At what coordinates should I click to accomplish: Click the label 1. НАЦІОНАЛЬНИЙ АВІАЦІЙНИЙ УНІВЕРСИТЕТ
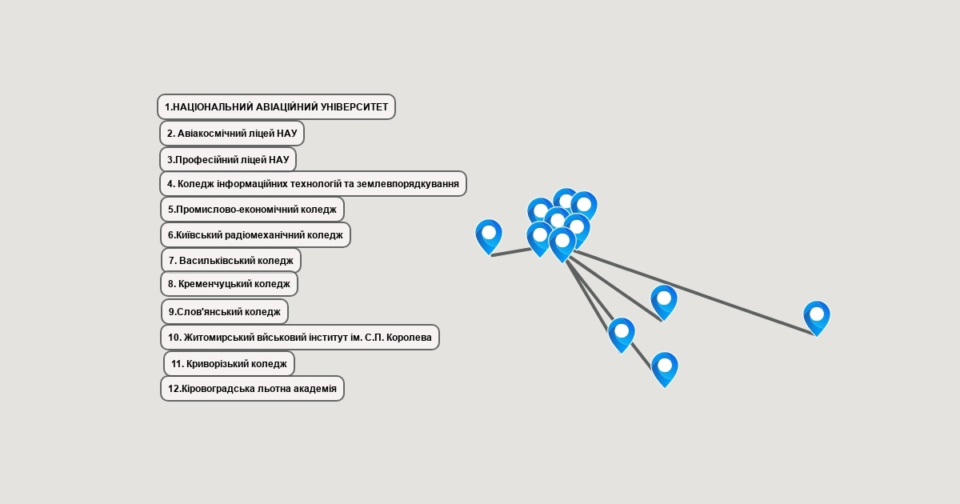click(277, 106)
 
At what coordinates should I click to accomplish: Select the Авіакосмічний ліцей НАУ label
click(232, 134)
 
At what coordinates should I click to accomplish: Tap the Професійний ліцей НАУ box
click(228, 160)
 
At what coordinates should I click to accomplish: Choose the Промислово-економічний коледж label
click(253, 210)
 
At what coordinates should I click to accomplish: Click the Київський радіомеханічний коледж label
click(255, 235)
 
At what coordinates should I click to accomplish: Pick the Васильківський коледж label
click(231, 261)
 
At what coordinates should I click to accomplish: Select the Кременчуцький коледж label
click(230, 284)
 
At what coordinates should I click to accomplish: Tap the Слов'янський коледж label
click(225, 311)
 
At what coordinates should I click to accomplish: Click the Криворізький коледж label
click(229, 364)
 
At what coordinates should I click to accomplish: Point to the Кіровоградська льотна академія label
click(253, 389)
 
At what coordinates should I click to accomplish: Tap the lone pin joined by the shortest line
click(489, 237)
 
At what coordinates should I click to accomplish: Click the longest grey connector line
click(694, 293)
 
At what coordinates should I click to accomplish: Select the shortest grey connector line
click(512, 253)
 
